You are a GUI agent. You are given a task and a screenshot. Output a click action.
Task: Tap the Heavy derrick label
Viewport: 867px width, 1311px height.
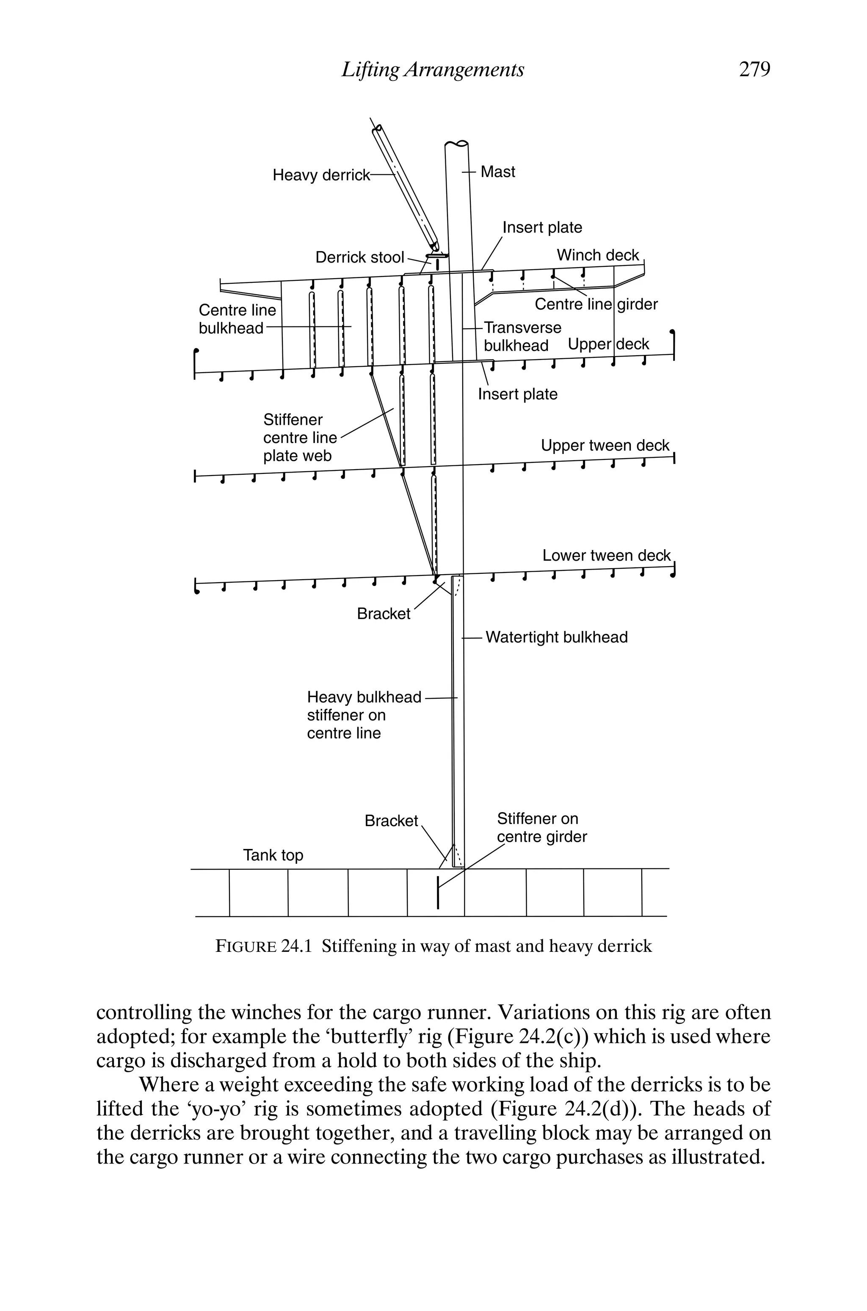[321, 175]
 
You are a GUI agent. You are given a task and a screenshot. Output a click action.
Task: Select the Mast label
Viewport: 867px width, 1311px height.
[498, 172]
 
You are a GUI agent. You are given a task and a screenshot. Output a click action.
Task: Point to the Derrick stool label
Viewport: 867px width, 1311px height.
[359, 257]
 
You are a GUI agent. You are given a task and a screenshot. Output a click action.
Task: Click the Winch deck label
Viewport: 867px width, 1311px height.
[598, 255]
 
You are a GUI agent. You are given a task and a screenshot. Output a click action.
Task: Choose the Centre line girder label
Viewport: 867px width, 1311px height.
[596, 304]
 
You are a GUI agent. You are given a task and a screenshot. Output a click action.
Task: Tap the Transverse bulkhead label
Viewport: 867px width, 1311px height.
[522, 337]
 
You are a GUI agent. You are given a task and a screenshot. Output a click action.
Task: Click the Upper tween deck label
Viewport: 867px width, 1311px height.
[605, 445]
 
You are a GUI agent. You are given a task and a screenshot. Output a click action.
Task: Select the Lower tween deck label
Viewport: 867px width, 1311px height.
[606, 556]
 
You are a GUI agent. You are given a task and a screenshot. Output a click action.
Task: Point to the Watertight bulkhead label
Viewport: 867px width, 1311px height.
[556, 638]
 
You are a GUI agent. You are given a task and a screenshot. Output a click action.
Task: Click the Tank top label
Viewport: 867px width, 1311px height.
[273, 855]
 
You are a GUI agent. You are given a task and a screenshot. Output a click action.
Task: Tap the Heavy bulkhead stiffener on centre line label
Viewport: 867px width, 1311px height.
[364, 715]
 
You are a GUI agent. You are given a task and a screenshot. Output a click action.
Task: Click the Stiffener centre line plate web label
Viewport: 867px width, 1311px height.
[300, 438]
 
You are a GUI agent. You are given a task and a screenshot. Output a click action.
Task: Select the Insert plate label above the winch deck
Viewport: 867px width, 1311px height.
[542, 228]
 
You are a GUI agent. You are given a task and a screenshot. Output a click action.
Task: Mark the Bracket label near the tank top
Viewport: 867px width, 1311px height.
[391, 821]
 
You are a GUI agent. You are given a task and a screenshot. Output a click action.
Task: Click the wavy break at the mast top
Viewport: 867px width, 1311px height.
[457, 144]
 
